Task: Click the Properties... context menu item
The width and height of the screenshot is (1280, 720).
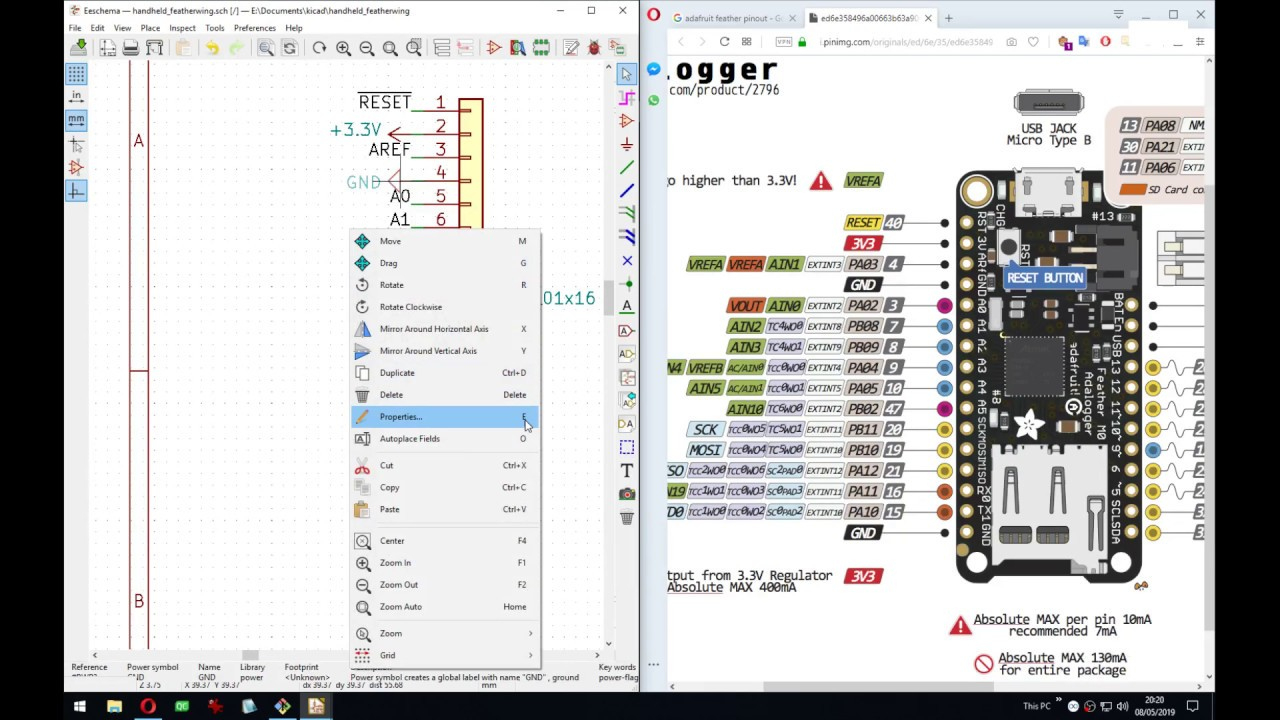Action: [401, 417]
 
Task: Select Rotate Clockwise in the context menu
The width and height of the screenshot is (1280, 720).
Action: [410, 307]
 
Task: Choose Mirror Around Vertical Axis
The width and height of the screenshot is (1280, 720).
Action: [427, 351]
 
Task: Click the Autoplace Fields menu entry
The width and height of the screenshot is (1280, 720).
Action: [409, 439]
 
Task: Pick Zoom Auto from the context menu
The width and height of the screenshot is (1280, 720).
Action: [400, 607]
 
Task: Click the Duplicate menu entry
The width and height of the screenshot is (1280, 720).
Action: [396, 373]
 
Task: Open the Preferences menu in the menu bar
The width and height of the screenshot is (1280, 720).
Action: [254, 28]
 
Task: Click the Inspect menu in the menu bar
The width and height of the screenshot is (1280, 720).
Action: [182, 28]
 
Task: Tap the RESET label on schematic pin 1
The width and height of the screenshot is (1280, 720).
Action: [384, 103]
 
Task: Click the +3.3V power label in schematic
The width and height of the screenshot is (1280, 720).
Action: [355, 130]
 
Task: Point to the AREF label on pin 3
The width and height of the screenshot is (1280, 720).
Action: [389, 150]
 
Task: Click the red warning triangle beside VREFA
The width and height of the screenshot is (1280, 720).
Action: [821, 181]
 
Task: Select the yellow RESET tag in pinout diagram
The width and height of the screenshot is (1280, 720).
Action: [862, 223]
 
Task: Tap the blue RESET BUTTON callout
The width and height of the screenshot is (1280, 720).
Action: [1044, 278]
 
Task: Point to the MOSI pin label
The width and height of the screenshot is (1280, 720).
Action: [704, 450]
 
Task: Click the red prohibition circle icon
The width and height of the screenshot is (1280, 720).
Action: [983, 664]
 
